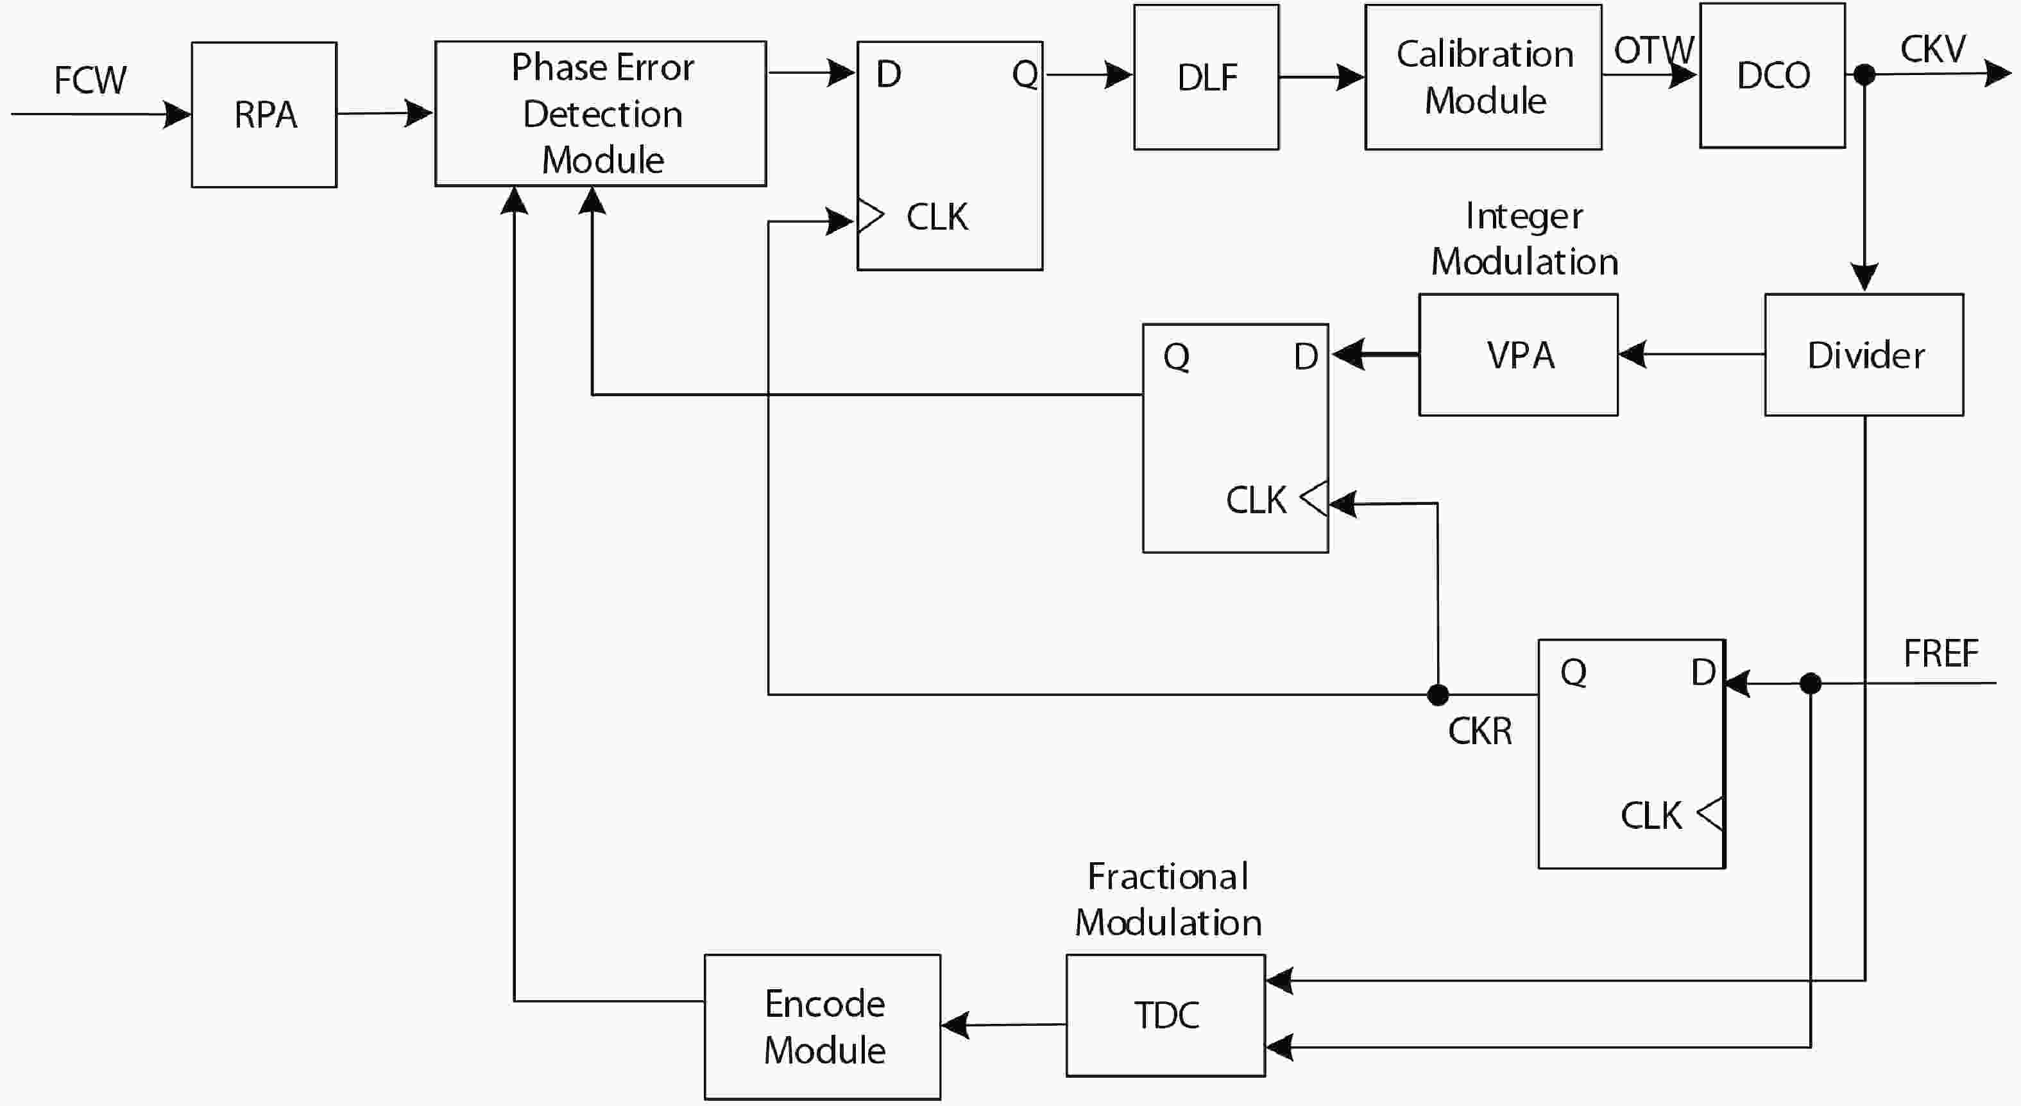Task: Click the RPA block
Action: (x=264, y=115)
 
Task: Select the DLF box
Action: (x=1206, y=77)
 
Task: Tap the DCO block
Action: (x=1772, y=75)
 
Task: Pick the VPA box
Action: (x=1518, y=355)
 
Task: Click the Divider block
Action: (x=1864, y=355)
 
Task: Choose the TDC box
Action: (x=1165, y=1015)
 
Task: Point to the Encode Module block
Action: (x=823, y=1027)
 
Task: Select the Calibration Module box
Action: (x=1483, y=77)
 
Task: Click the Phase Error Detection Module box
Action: (x=601, y=114)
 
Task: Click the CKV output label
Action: (x=1932, y=49)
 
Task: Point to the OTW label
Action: (x=1653, y=51)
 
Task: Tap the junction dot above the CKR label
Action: (x=1438, y=694)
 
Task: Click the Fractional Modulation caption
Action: (x=1168, y=899)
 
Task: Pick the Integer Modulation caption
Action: (x=1524, y=239)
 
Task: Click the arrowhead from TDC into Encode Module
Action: (x=955, y=1025)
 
